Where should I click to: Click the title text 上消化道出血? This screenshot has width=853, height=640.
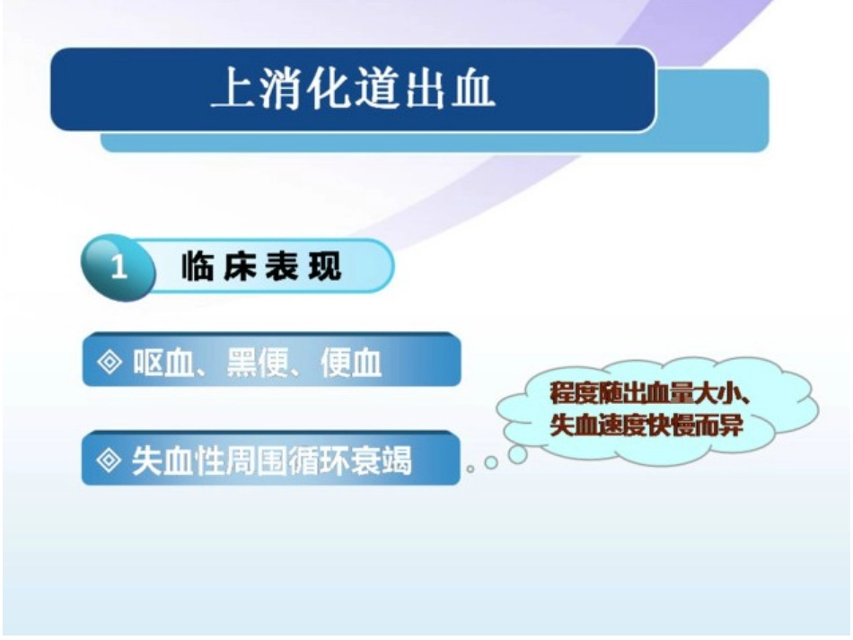353,91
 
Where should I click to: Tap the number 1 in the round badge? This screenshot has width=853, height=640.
119,267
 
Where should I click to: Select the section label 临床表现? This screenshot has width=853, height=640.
261,267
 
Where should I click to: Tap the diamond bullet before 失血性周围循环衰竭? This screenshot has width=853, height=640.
109,460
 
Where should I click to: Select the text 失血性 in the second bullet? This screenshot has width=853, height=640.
171,460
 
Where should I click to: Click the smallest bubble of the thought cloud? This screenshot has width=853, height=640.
470,469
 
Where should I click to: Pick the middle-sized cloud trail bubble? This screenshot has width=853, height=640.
490,463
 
